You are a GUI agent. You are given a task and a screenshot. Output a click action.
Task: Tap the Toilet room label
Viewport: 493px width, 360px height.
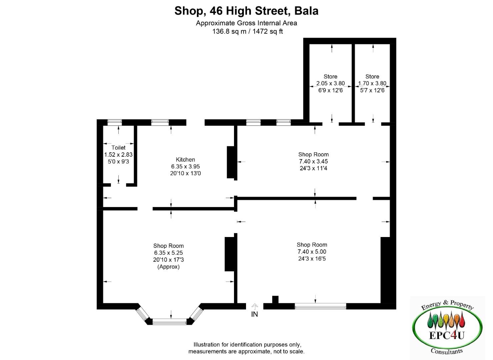[118, 148]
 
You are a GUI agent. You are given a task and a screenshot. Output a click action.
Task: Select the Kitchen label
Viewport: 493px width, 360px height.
[185, 160]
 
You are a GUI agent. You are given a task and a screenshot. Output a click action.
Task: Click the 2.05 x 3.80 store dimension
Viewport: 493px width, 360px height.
[330, 83]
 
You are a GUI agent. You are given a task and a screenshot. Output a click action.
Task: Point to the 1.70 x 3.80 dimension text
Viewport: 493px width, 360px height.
[372, 83]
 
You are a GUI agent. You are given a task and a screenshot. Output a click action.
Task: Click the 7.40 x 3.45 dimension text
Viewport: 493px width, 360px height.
[313, 161]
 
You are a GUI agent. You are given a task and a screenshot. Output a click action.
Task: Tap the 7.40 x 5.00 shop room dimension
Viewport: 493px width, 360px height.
[312, 252]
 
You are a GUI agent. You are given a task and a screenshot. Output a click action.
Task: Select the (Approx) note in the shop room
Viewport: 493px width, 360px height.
[168, 267]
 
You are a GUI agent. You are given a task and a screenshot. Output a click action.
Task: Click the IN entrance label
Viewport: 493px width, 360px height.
[254, 314]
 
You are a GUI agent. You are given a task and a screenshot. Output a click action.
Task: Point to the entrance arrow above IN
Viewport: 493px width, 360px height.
[255, 307]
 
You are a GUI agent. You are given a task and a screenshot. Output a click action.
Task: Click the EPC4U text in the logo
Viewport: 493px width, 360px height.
[447, 335]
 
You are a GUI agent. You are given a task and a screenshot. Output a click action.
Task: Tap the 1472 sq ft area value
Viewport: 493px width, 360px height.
[267, 31]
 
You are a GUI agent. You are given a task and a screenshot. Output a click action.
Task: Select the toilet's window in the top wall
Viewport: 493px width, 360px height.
[114, 122]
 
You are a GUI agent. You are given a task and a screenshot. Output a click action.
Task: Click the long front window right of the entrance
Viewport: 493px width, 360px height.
[320, 306]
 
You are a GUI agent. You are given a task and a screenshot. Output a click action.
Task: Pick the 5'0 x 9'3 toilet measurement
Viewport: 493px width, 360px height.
[118, 162]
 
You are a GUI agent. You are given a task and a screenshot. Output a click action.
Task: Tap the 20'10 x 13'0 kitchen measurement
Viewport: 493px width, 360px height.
[185, 173]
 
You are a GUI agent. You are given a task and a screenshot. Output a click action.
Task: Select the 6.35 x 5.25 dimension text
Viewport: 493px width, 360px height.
[168, 253]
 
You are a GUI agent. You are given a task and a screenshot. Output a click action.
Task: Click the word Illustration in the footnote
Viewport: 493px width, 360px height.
[207, 344]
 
